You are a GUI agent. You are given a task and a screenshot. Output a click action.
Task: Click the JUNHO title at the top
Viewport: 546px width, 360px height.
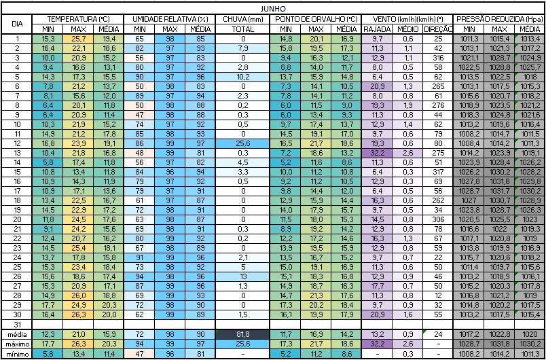point(272,7)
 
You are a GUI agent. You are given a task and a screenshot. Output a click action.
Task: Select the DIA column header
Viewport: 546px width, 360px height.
point(17,24)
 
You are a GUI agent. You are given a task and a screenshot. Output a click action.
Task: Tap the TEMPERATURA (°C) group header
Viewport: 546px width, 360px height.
point(79,18)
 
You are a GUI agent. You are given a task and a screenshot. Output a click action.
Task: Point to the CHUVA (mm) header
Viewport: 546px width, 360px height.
point(242,18)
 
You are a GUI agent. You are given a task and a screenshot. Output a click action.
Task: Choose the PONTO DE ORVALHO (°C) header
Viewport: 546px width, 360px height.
point(316,18)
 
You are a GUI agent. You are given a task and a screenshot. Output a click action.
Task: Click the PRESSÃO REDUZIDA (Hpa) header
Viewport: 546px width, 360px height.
point(499,18)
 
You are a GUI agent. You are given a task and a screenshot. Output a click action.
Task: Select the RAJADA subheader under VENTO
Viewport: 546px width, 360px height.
point(378,29)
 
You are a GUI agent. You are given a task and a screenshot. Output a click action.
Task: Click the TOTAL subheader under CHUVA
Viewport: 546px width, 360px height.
point(242,29)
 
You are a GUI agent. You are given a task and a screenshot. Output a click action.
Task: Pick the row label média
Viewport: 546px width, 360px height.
point(17,335)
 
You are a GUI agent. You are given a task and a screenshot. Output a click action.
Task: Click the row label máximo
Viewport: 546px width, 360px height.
point(17,344)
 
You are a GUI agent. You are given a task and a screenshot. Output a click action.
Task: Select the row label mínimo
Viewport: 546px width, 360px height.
point(17,354)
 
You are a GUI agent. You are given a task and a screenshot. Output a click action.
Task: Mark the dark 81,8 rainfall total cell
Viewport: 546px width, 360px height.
point(242,335)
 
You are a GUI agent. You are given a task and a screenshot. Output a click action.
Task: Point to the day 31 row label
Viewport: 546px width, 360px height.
point(17,325)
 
